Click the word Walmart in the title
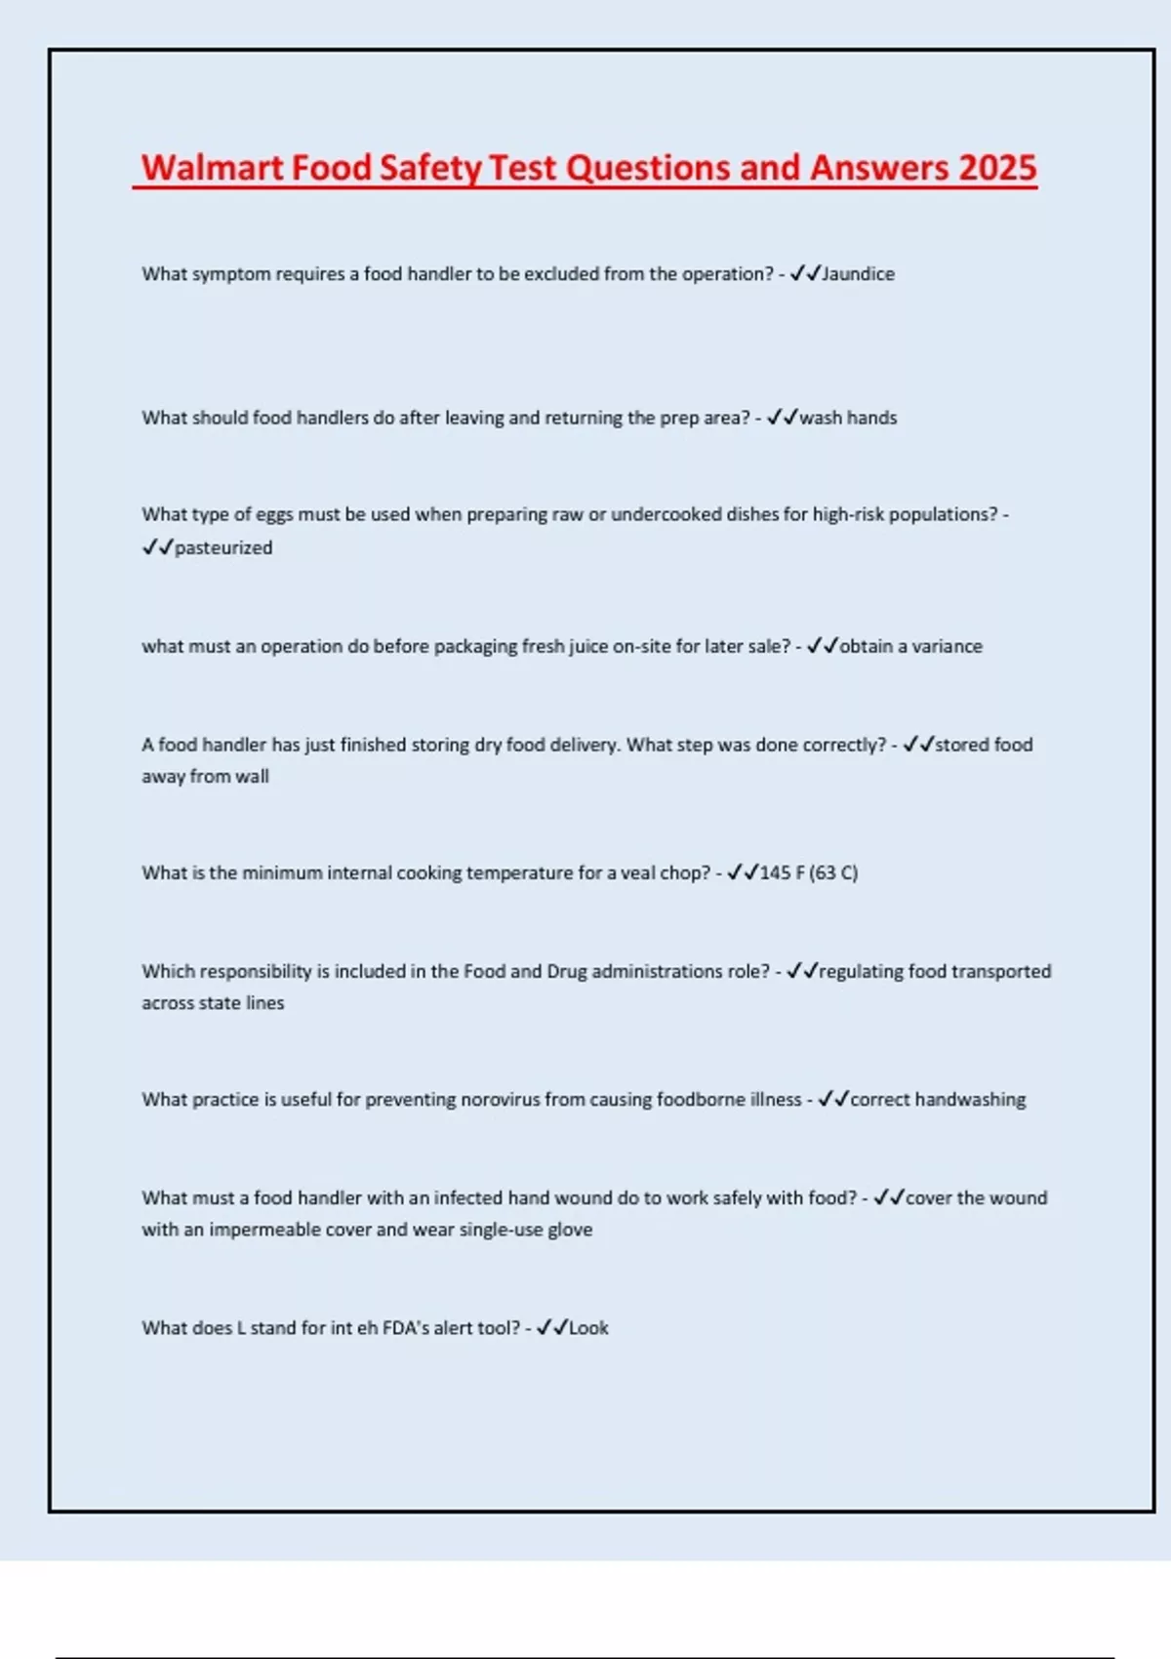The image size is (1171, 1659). point(214,168)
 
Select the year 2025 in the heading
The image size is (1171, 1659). point(996,168)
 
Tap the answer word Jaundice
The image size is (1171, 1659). point(858,274)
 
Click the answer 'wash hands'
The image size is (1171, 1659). point(848,418)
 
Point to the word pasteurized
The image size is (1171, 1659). point(223,547)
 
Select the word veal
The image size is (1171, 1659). point(638,872)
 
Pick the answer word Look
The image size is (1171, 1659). point(588,1328)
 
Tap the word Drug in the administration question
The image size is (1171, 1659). point(566,971)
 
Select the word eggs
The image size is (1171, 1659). point(274,514)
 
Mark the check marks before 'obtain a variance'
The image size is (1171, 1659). point(823,646)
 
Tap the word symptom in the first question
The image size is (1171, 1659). point(231,274)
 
